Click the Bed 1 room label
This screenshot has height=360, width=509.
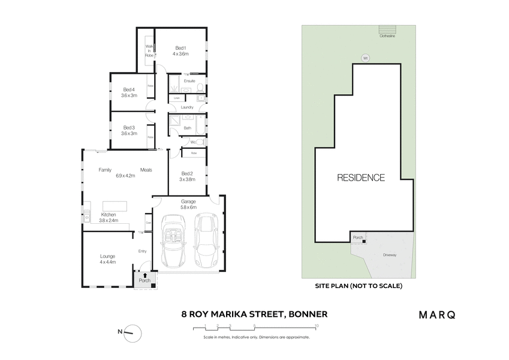(181, 48)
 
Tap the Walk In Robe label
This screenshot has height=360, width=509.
(149, 50)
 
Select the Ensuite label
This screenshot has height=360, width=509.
(189, 80)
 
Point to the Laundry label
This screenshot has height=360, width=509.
(186, 107)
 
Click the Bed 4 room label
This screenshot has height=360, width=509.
(129, 89)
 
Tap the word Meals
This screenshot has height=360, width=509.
(146, 170)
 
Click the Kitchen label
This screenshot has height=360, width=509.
(109, 214)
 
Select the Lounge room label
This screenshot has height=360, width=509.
(108, 256)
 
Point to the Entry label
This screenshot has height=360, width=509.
(142, 251)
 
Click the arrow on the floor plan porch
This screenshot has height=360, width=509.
(144, 275)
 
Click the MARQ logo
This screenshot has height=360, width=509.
(436, 314)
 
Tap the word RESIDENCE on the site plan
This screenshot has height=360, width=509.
(360, 178)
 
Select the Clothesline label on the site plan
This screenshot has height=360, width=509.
(388, 36)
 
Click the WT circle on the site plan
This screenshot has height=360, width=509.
(365, 58)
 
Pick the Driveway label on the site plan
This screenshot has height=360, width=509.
(390, 255)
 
